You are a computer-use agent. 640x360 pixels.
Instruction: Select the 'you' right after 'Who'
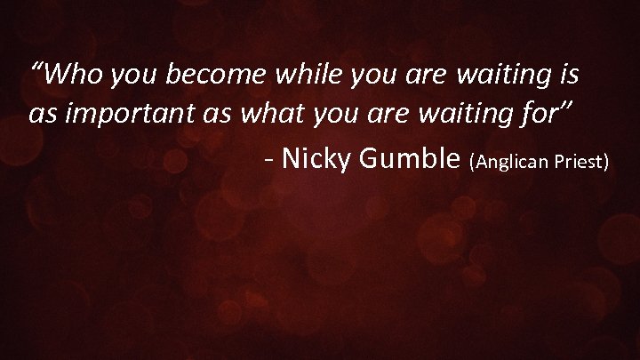tap(130, 77)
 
